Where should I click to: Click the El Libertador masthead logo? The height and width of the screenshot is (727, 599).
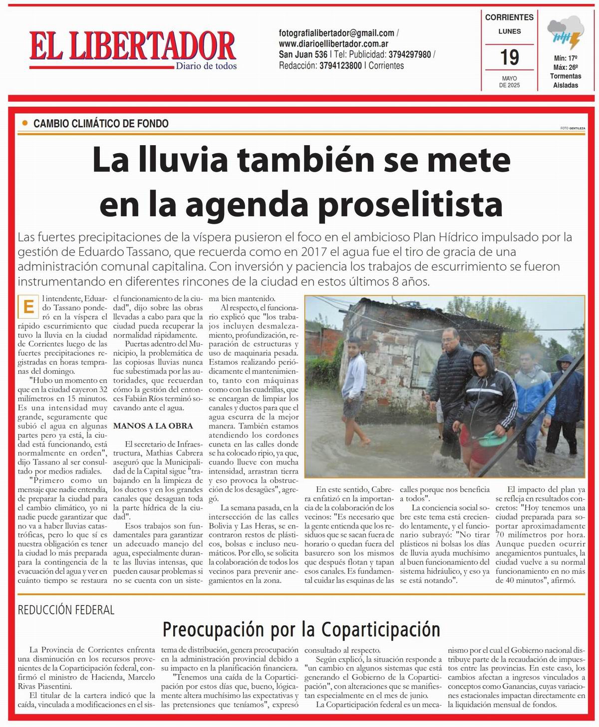pyautogui.click(x=132, y=46)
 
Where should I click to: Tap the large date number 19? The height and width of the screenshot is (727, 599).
pyautogui.click(x=510, y=57)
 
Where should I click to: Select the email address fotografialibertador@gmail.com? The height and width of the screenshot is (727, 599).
pyautogui.click(x=336, y=33)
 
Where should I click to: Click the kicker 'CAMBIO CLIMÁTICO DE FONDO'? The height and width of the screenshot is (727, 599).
pyautogui.click(x=101, y=123)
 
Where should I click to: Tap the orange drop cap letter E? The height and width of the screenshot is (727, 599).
pyautogui.click(x=29, y=307)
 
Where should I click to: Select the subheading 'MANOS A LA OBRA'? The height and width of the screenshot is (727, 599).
pyautogui.click(x=153, y=426)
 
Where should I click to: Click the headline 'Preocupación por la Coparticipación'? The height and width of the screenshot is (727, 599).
pyautogui.click(x=301, y=630)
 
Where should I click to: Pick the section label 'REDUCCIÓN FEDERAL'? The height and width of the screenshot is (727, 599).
pyautogui.click(x=66, y=610)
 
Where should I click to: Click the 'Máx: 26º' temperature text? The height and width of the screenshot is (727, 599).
pyautogui.click(x=566, y=67)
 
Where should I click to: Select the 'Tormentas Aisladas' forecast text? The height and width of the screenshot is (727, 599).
pyautogui.click(x=566, y=81)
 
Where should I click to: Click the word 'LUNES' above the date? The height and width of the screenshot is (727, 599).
pyautogui.click(x=509, y=31)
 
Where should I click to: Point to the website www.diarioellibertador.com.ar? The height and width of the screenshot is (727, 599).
pyautogui.click(x=334, y=44)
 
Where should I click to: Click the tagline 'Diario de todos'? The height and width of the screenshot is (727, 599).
pyautogui.click(x=206, y=66)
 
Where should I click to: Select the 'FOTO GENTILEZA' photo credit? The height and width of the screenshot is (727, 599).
pyautogui.click(x=572, y=128)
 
